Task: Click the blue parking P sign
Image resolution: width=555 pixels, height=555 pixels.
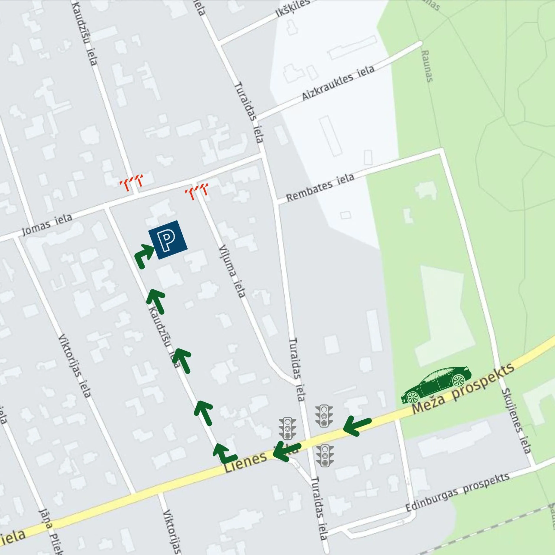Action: [x=168, y=240]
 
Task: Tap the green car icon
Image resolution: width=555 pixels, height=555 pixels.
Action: [x=436, y=385]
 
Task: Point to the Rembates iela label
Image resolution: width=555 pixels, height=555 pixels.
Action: [x=320, y=187]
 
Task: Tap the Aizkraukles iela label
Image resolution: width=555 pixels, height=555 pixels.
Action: [x=338, y=83]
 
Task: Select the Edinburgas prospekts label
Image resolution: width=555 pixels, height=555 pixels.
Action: [x=457, y=492]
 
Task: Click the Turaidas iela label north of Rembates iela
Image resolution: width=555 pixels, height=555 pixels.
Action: [x=249, y=112]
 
